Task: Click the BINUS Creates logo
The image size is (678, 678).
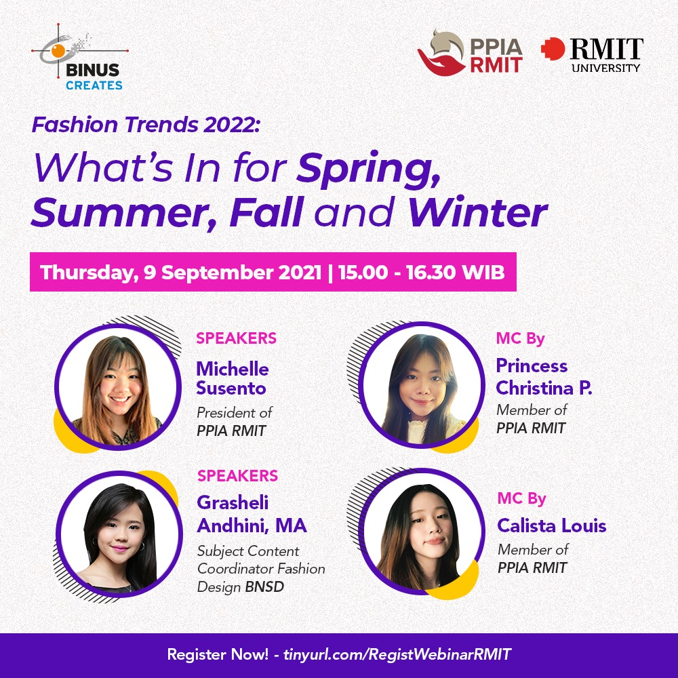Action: [80, 57]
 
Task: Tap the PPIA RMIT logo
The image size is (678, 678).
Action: [470, 53]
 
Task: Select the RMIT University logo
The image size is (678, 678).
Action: [592, 54]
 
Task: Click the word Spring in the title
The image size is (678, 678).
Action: [368, 169]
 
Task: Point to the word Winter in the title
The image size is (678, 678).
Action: [478, 212]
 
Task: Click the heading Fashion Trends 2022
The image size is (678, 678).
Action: [146, 125]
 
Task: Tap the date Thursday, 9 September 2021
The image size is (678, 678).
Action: [181, 273]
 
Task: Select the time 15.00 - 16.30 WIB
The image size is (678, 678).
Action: [422, 273]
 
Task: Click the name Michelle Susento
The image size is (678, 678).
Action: [233, 378]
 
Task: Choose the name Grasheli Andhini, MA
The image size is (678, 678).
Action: [252, 514]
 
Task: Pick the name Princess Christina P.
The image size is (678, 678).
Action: [544, 376]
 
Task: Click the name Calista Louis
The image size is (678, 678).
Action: [552, 526]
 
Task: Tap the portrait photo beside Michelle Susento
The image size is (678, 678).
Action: [117, 387]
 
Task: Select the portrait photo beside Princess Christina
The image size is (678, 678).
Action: [422, 384]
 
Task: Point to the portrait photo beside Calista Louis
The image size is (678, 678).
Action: [422, 532]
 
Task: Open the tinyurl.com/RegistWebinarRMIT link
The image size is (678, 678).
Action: [397, 654]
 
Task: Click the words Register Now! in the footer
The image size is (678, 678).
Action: [218, 654]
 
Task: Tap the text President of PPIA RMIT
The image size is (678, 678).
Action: [235, 422]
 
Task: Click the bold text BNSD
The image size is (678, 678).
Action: [264, 586]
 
